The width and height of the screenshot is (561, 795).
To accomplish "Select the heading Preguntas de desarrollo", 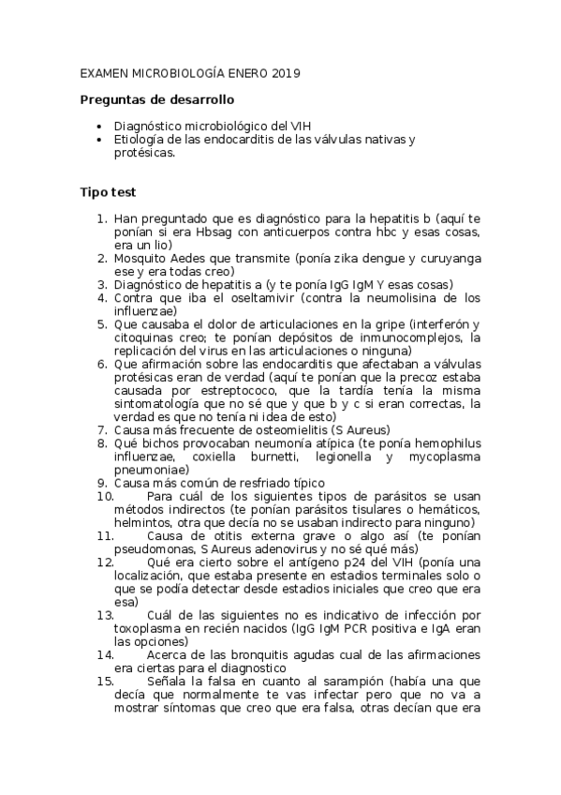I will (157, 99).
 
